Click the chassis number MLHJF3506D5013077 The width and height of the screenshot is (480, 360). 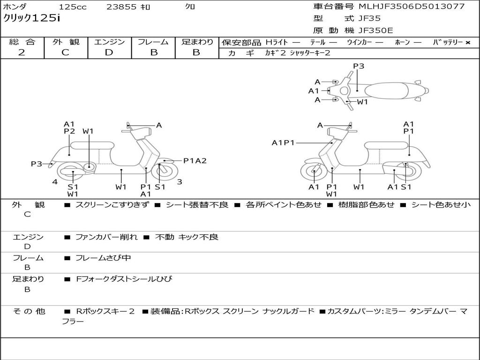(x=412, y=7)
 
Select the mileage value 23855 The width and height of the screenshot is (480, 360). (x=121, y=7)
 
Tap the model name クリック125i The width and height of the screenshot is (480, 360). (x=31, y=18)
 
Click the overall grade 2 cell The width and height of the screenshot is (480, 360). (x=22, y=52)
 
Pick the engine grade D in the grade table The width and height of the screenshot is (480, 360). (x=109, y=52)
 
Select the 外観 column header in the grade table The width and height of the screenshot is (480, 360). (x=66, y=42)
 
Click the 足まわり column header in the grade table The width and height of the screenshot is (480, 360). (x=197, y=42)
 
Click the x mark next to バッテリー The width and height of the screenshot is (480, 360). (x=467, y=43)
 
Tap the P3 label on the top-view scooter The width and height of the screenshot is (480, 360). (x=359, y=66)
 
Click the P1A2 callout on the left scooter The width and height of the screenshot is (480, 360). (x=195, y=161)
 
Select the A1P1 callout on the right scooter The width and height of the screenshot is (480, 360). (x=283, y=142)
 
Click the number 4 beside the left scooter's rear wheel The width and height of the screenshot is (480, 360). (x=55, y=181)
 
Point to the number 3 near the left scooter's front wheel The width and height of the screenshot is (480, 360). (x=179, y=181)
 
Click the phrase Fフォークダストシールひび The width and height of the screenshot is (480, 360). (x=124, y=279)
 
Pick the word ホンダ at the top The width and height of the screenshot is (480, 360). (x=15, y=7)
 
